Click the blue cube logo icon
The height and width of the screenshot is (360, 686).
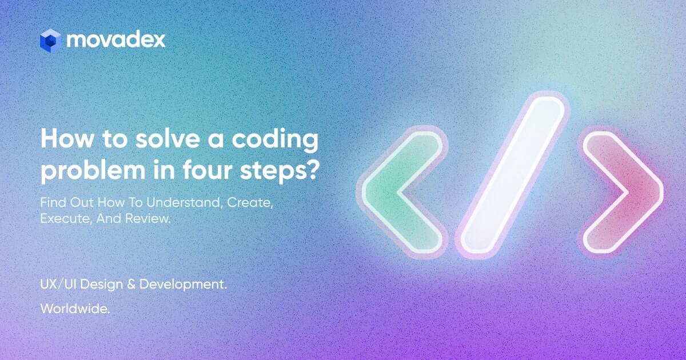[50, 40]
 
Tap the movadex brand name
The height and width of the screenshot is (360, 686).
[116, 39]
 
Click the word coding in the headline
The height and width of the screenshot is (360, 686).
[282, 140]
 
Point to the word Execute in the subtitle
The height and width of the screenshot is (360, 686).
[59, 218]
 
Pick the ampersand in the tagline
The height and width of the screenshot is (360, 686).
[131, 285]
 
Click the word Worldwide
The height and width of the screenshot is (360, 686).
[75, 309]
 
